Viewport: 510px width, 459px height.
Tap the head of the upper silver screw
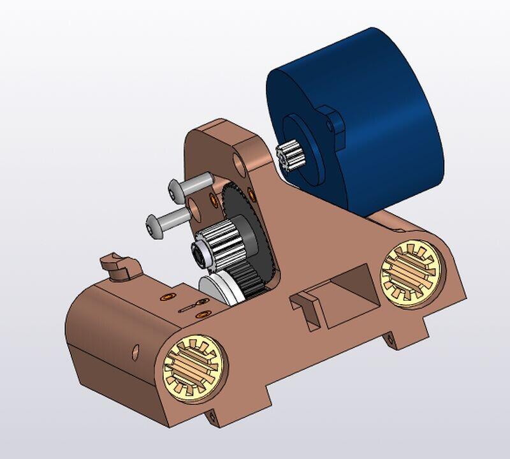point(177,189)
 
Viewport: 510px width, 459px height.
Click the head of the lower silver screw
point(155,226)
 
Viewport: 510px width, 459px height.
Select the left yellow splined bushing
point(194,368)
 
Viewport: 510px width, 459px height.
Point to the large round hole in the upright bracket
point(240,163)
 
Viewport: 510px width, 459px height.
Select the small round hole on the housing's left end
point(135,350)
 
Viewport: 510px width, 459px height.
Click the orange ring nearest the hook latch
point(167,296)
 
